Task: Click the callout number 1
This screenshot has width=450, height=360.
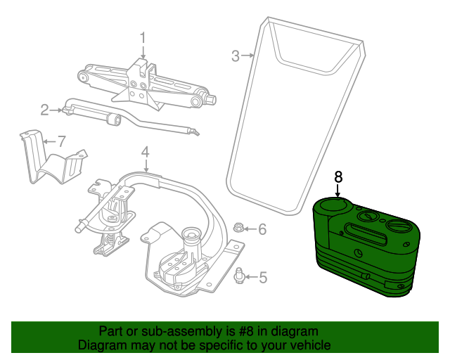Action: [143, 40]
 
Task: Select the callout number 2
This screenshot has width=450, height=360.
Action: [44, 110]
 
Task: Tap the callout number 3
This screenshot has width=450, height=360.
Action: [236, 56]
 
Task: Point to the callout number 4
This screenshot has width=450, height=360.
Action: [146, 152]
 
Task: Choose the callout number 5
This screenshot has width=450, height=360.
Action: [263, 277]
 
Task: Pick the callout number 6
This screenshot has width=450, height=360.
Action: [262, 229]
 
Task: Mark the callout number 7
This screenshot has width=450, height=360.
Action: [62, 141]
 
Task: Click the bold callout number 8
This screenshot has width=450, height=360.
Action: [339, 177]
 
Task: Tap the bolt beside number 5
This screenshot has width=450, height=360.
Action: [239, 276]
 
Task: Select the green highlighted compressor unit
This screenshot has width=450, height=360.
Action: [366, 247]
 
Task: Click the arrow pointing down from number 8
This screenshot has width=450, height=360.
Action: [338, 191]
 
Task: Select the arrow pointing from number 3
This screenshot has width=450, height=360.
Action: [247, 55]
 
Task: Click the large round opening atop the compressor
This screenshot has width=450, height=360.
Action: [333, 205]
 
